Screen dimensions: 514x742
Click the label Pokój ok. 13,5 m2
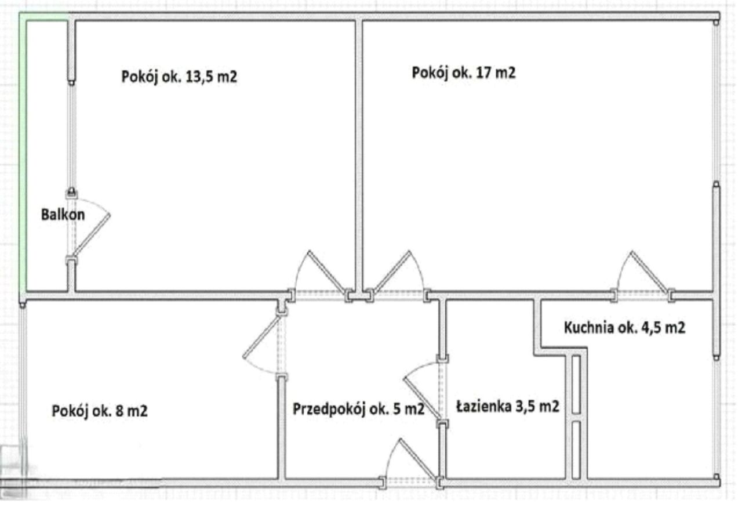179,77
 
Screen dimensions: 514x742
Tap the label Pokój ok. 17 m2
463,73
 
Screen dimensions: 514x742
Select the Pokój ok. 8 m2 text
100,411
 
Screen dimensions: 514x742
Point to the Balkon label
63,215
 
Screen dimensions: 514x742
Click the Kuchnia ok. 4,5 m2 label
624,328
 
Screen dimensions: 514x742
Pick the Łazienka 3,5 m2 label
507,407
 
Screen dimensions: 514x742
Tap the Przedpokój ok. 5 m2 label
358,409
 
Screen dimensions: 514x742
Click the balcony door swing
90,232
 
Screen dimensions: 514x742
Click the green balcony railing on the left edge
24,151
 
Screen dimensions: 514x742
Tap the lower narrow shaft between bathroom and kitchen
576,450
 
